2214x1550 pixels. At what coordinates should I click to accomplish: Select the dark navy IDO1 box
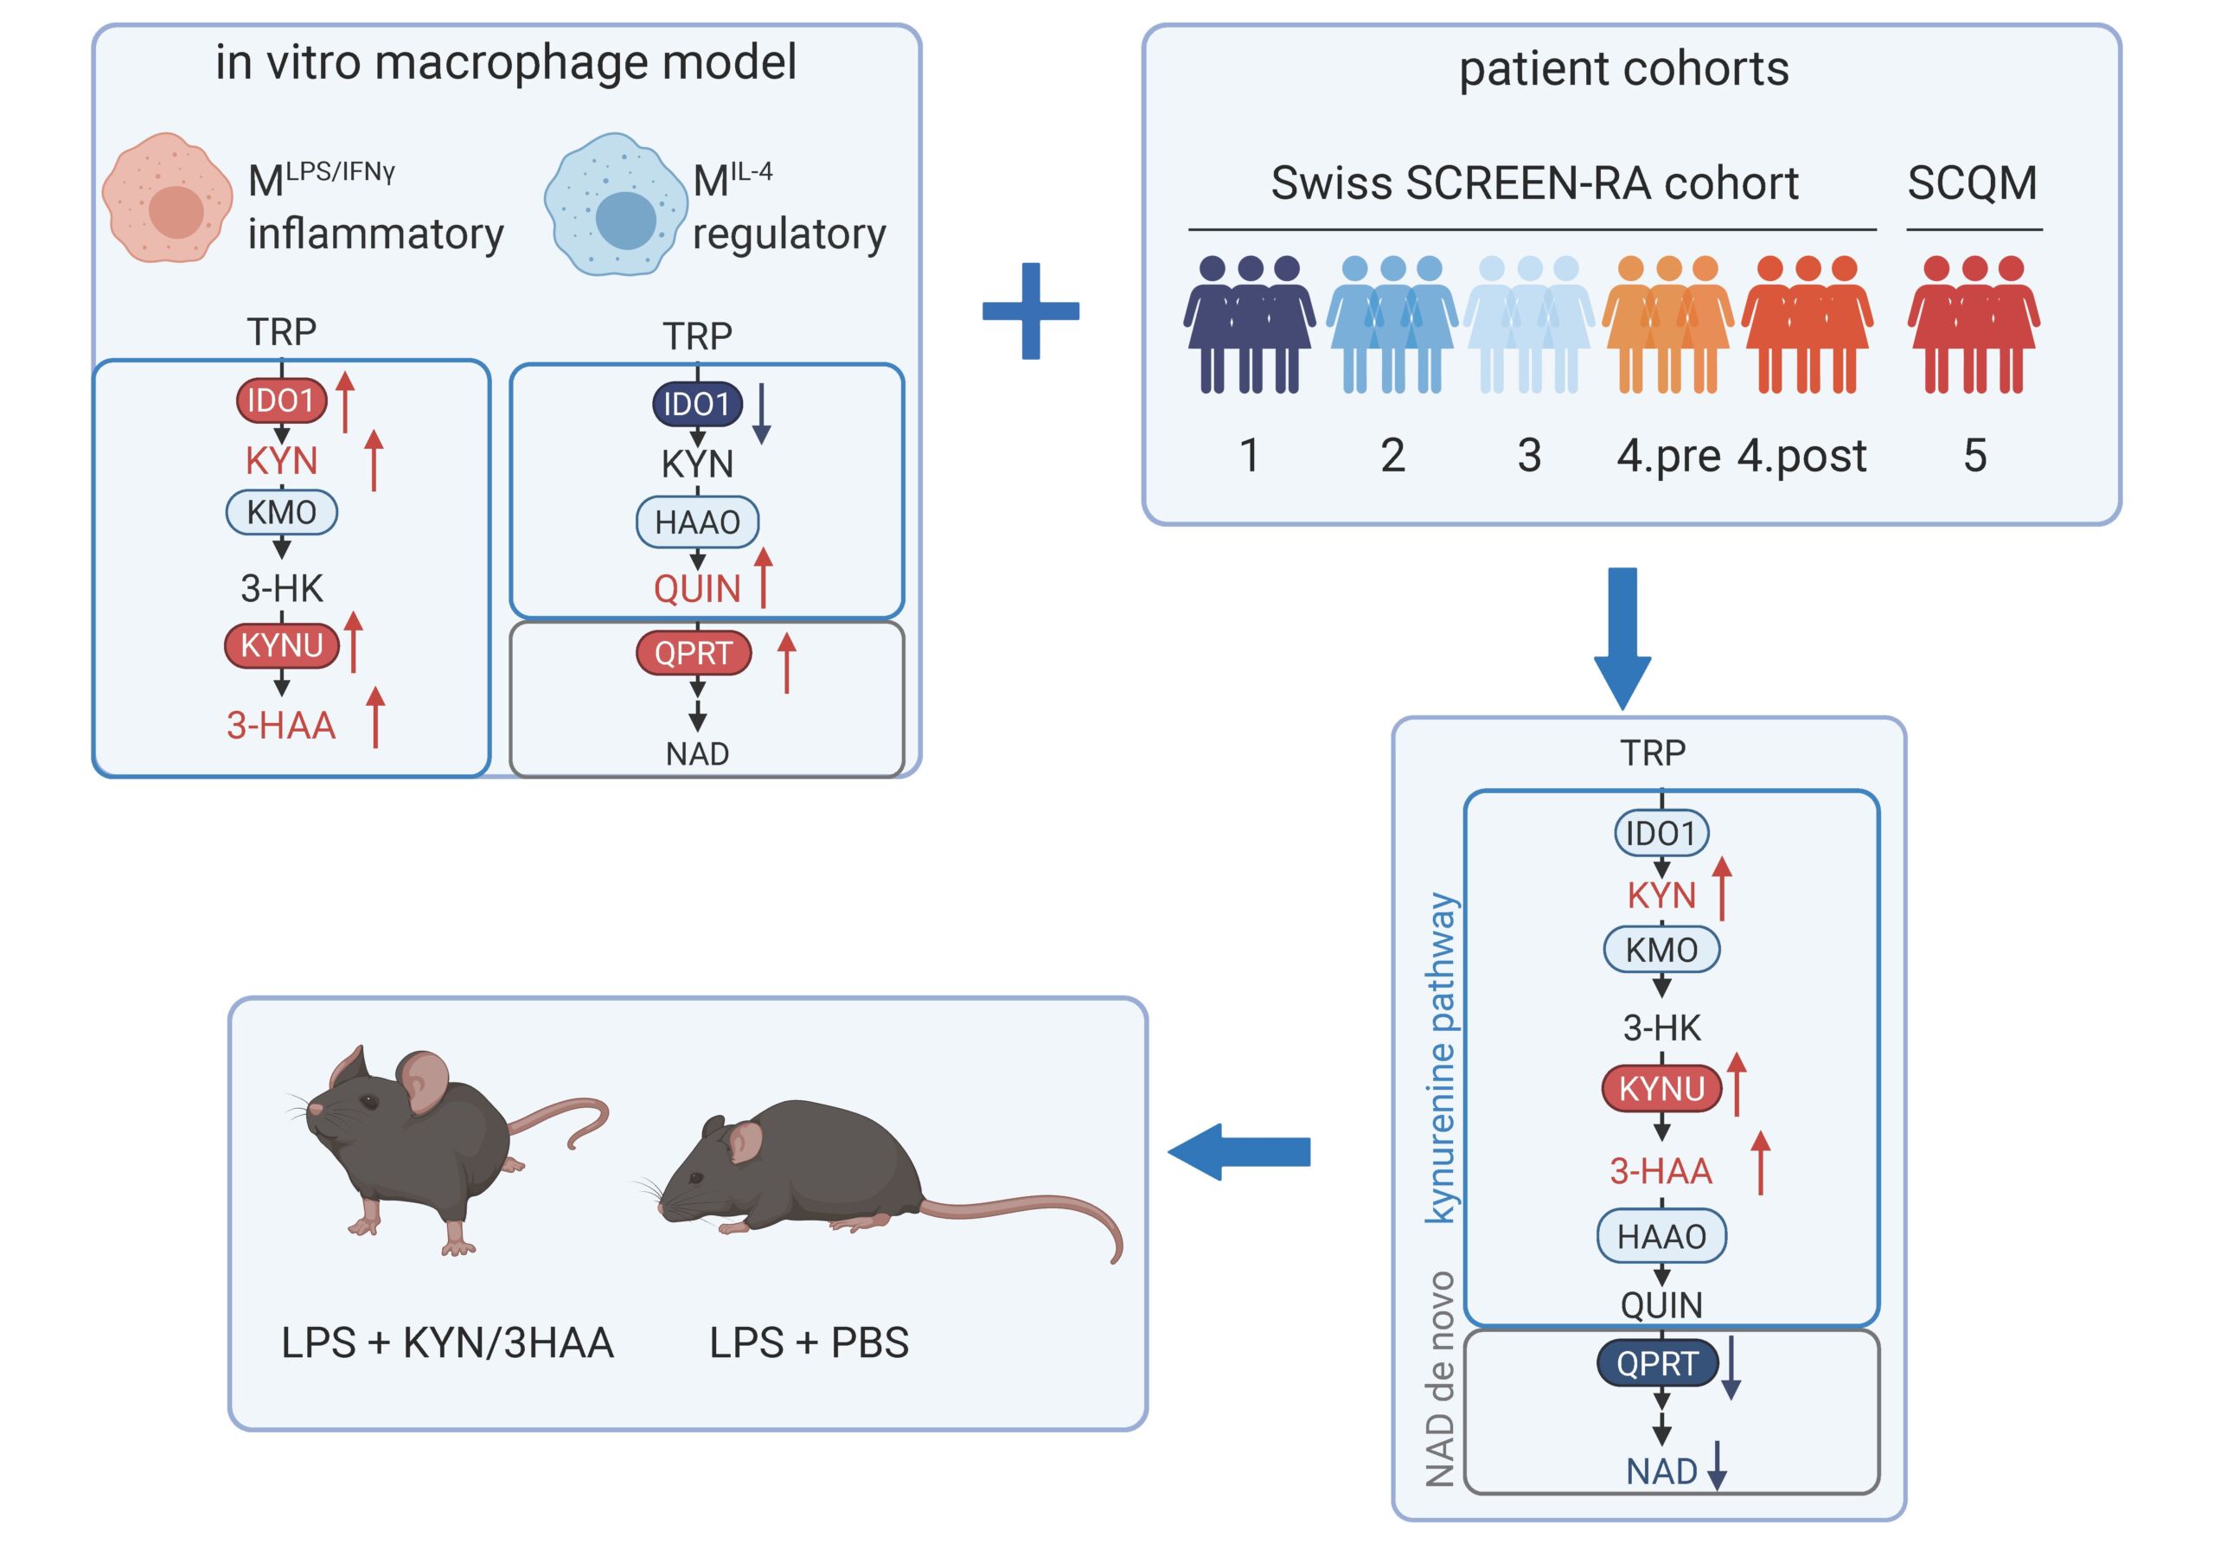[697, 404]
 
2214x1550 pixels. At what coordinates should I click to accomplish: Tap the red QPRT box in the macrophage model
[694, 653]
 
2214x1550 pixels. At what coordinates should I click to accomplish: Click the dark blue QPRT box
[1657, 1363]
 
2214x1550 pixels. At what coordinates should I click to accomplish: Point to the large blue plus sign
[1031, 311]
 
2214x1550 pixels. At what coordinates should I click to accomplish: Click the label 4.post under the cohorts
[1801, 455]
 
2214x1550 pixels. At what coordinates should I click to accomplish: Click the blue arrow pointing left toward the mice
[1239, 1151]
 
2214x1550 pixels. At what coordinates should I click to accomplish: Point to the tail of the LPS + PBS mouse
[1041, 1215]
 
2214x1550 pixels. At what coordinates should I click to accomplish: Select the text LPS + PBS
[808, 1342]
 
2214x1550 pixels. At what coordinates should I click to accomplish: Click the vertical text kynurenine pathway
[1442, 1058]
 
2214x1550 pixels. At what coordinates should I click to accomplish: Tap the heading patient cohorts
[1623, 68]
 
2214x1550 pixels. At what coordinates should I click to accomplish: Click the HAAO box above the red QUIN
[697, 522]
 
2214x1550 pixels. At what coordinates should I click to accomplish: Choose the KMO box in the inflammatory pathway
[282, 511]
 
